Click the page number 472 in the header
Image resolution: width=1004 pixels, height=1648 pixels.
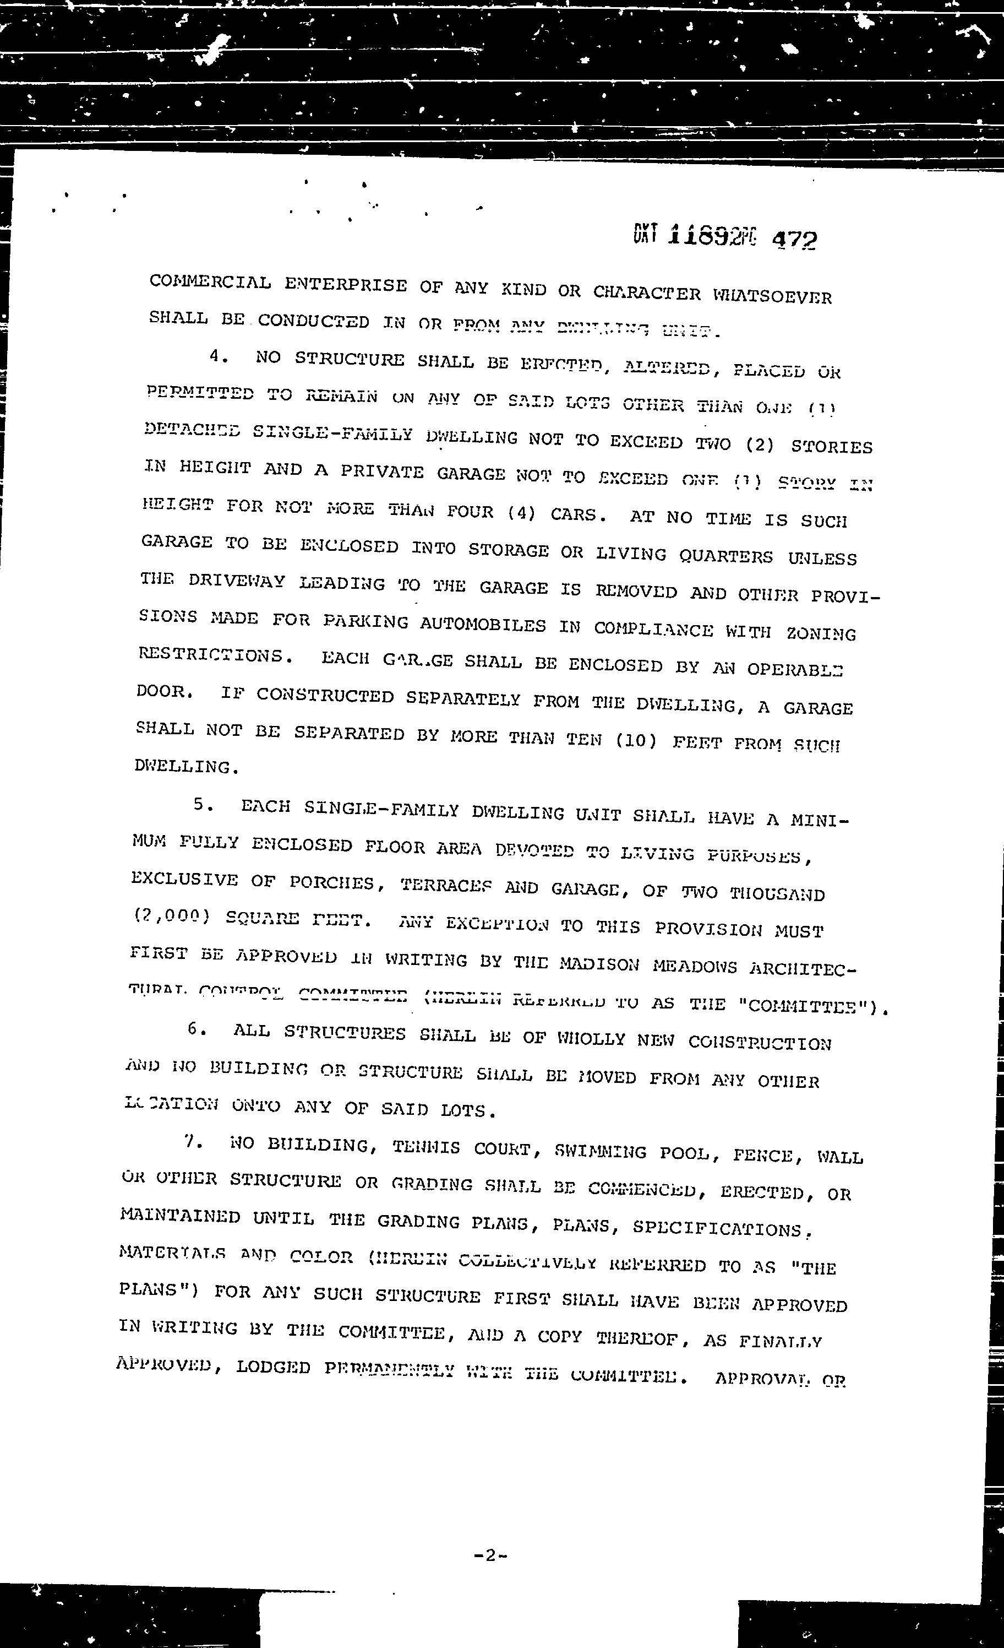[794, 240]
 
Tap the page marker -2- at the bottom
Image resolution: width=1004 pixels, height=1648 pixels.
[490, 1555]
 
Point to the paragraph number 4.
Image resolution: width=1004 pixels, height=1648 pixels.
[215, 356]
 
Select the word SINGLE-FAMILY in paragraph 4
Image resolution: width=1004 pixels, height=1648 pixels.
[332, 433]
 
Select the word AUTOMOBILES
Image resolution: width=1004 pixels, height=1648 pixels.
[483, 625]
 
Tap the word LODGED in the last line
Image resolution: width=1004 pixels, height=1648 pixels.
[272, 1367]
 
